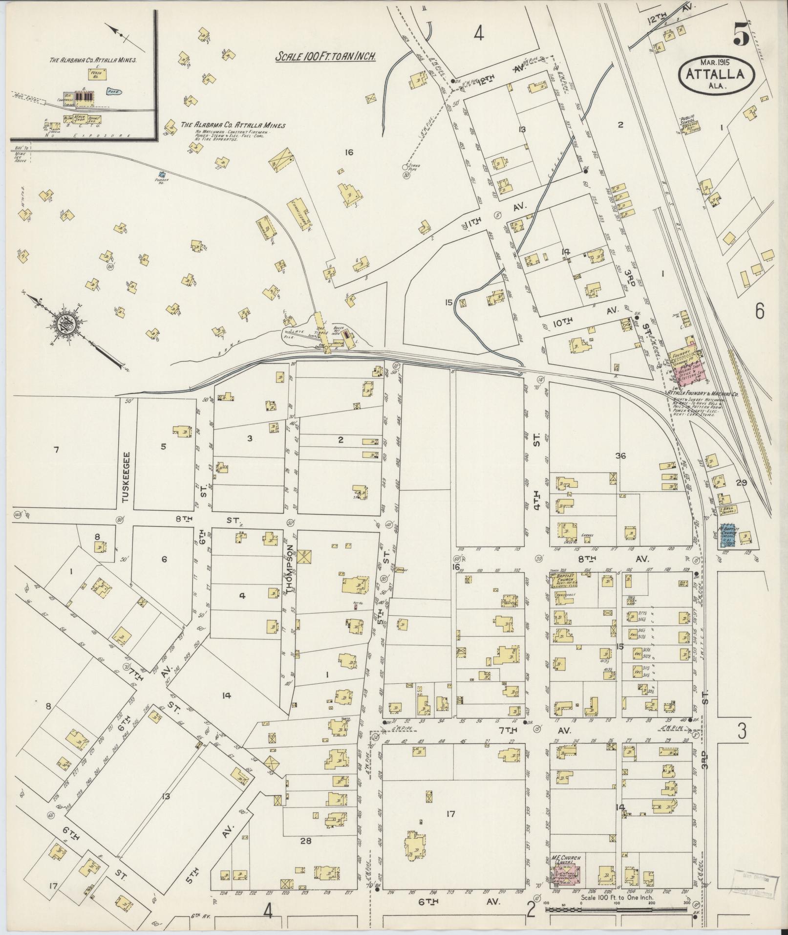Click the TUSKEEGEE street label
126,477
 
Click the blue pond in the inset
113,91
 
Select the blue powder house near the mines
163,174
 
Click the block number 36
620,456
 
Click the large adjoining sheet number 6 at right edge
759,311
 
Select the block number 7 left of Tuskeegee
56,450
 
